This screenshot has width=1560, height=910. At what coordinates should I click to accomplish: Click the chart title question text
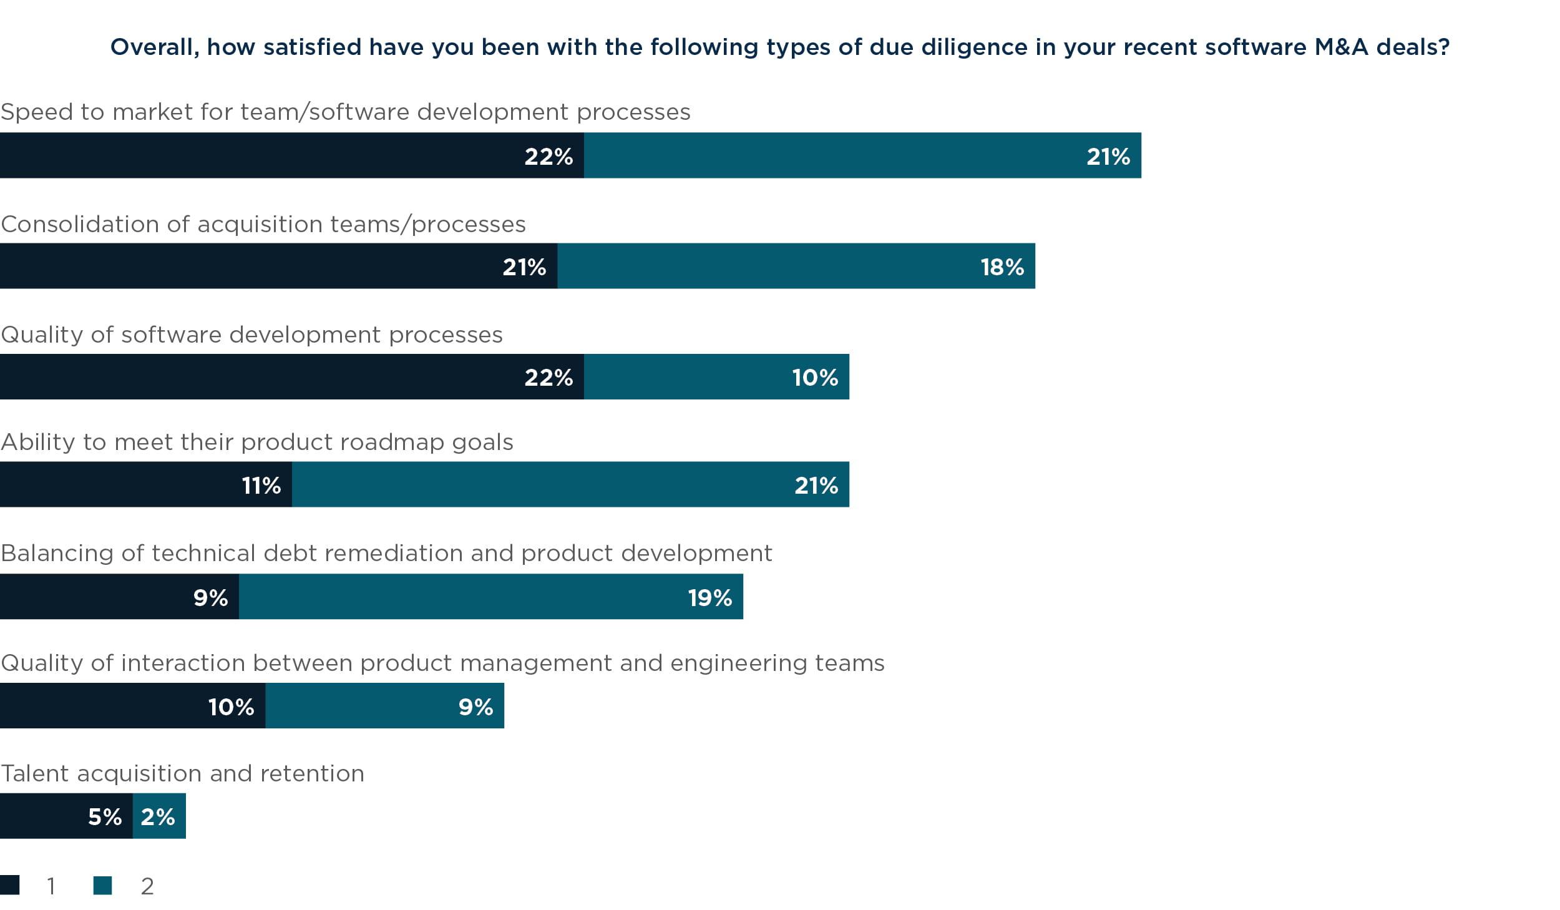click(779, 47)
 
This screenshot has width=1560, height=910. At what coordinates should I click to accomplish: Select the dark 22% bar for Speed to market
click(291, 155)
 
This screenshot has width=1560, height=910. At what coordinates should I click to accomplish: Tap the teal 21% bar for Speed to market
click(862, 155)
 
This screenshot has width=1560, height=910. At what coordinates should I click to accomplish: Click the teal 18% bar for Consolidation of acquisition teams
click(796, 266)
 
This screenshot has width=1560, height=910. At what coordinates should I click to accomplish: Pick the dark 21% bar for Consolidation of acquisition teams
click(278, 266)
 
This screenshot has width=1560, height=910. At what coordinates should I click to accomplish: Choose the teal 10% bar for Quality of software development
click(716, 376)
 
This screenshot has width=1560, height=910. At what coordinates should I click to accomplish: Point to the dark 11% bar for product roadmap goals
click(145, 484)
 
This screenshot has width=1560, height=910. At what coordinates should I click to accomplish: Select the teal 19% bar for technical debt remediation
click(490, 597)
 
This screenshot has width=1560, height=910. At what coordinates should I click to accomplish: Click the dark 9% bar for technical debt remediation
click(119, 597)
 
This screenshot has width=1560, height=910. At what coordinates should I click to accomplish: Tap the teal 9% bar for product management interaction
click(384, 706)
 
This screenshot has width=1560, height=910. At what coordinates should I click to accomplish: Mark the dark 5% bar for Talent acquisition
click(66, 816)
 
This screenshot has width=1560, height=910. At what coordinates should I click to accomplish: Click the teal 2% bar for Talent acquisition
click(159, 816)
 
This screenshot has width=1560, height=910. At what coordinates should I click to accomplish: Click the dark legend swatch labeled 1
click(10, 885)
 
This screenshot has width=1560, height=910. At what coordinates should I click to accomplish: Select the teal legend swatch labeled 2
click(103, 885)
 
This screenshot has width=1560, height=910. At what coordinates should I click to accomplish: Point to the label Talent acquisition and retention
click(182, 773)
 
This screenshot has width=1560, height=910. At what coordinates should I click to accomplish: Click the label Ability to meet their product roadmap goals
click(256, 442)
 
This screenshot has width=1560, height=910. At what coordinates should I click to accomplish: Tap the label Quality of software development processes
click(251, 335)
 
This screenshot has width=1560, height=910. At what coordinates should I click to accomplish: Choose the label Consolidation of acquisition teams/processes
click(263, 224)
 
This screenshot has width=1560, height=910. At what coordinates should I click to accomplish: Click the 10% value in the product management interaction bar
click(231, 707)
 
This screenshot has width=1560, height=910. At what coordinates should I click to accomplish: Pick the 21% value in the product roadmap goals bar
click(816, 485)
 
